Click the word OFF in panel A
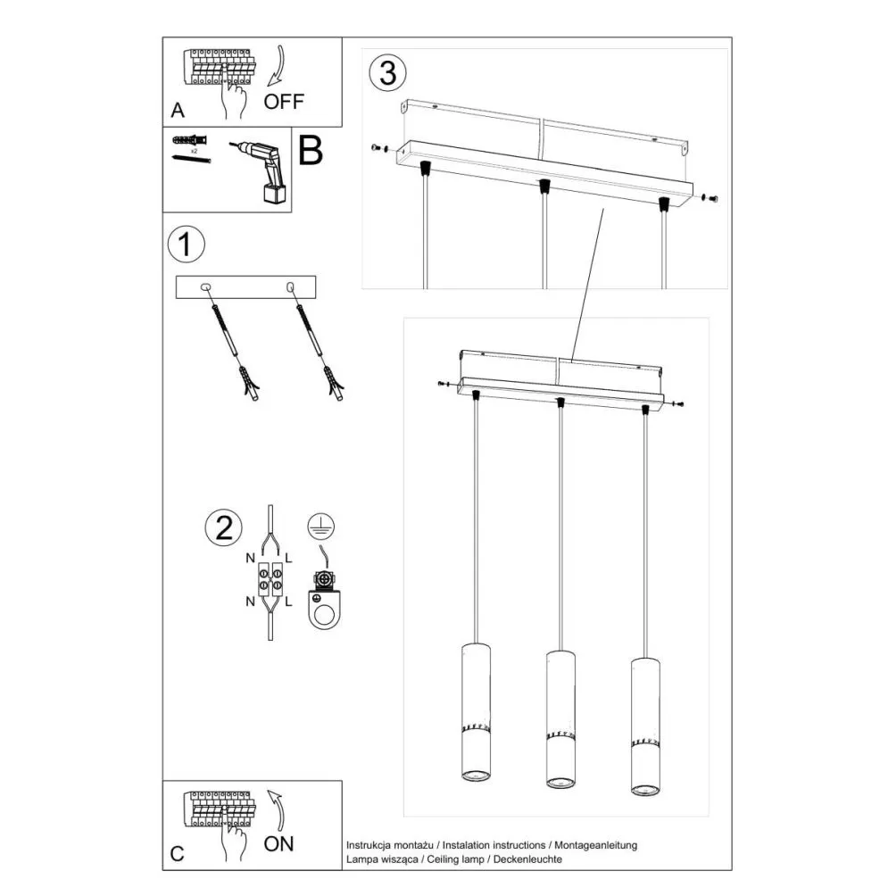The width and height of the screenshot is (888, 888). coord(283,101)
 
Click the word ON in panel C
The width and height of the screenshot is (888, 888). coord(278,842)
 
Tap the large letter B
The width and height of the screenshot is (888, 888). coord(310,152)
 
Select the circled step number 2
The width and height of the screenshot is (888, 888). coord(222,528)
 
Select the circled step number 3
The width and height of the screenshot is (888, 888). coord(387,73)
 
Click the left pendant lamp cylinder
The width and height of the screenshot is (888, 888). coord(476,713)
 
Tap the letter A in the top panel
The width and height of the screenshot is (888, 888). coord(177,112)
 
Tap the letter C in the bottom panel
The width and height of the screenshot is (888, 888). coord(177,854)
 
